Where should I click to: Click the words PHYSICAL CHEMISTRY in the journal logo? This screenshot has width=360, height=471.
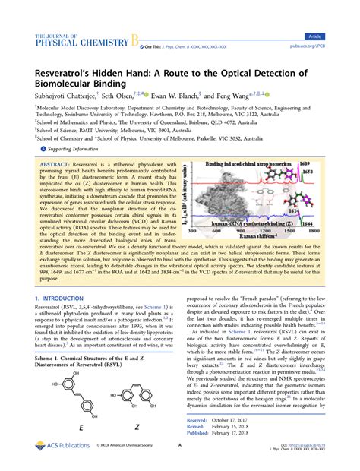pyautogui.click(x=81, y=43)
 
